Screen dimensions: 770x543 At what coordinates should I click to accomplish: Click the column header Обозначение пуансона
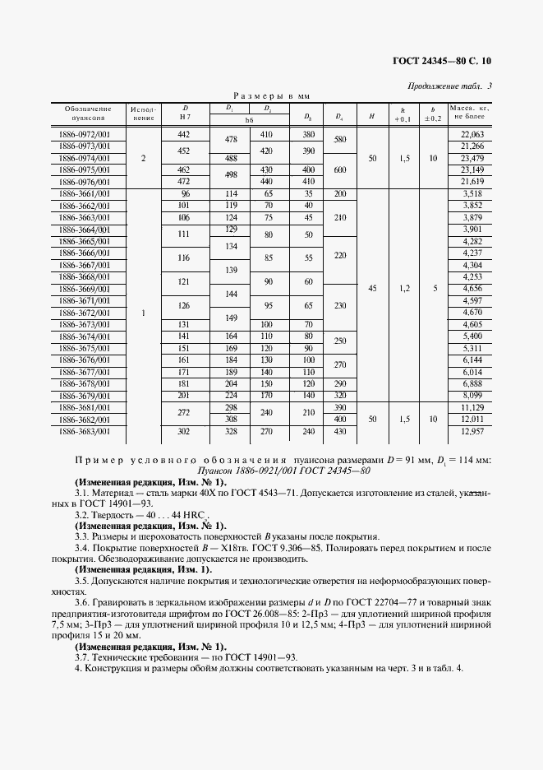(85, 114)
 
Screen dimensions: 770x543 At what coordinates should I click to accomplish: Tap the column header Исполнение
(144, 114)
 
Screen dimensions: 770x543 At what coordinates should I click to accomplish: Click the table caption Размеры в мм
(271, 96)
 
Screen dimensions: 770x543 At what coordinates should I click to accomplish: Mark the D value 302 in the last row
(184, 431)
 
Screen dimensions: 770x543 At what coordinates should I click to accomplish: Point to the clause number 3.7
(81, 656)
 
